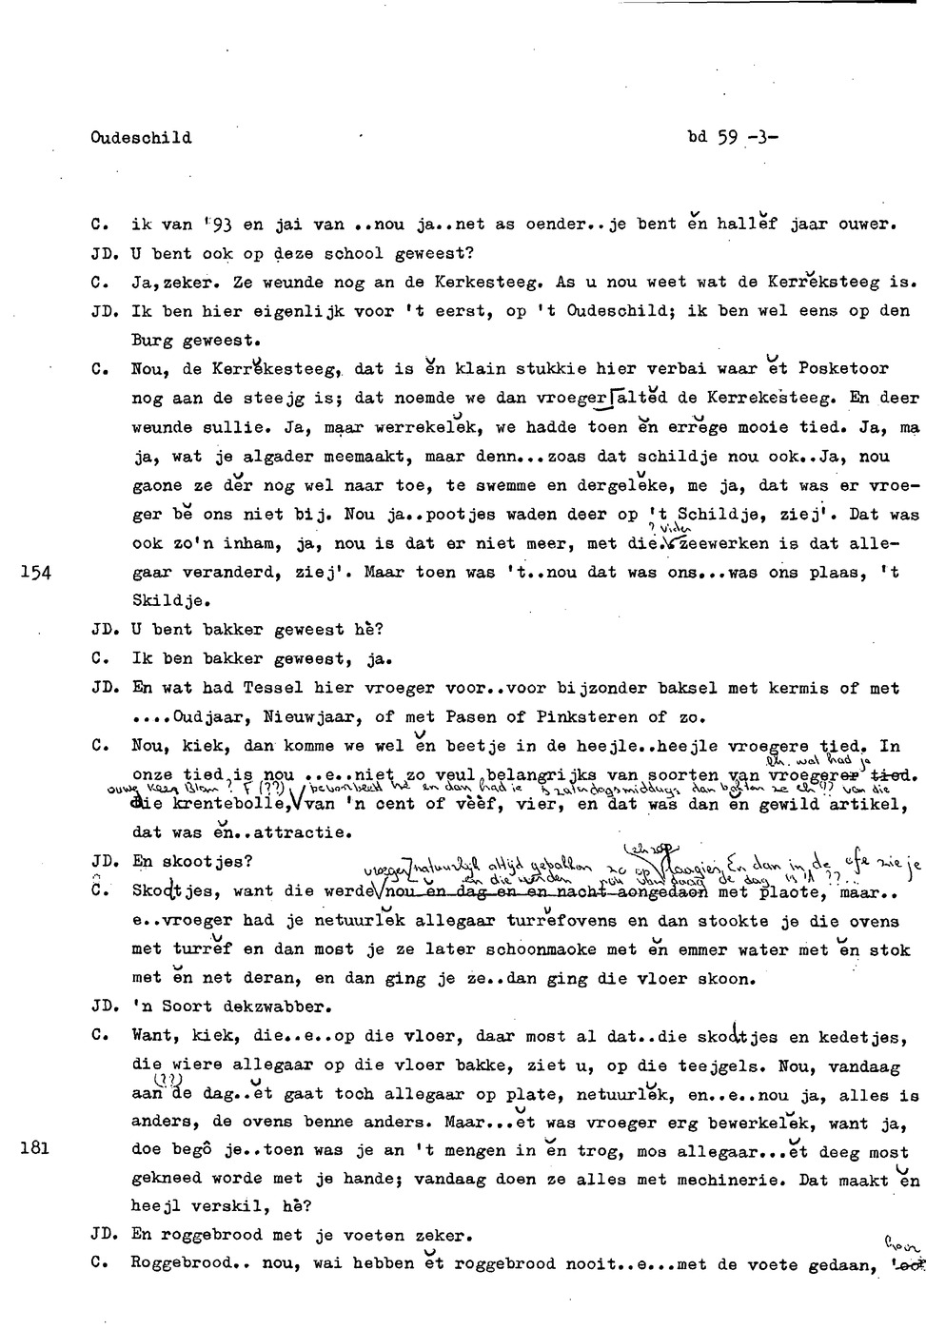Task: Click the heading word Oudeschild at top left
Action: (x=141, y=138)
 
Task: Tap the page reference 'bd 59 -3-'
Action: (x=732, y=137)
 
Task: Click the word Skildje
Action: (x=171, y=601)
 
